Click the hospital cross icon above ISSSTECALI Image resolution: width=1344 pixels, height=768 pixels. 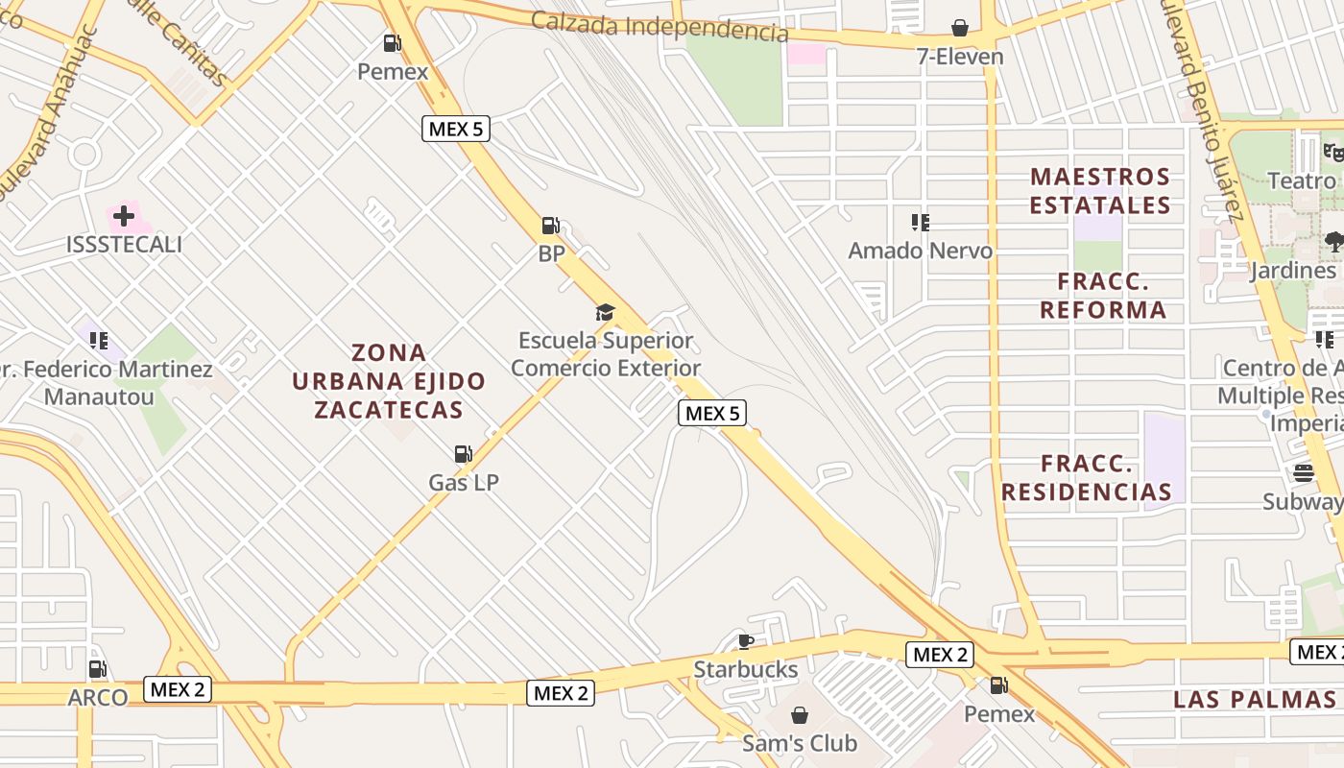pyautogui.click(x=124, y=216)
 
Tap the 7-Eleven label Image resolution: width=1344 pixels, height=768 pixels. pyautogui.click(x=960, y=57)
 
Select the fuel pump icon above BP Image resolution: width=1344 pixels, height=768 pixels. pyautogui.click(x=551, y=226)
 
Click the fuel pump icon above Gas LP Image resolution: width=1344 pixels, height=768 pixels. pyautogui.click(x=464, y=453)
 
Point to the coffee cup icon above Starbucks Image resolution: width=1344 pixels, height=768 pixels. pyautogui.click(x=745, y=640)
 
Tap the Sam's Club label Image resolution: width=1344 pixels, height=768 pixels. pyautogui.click(x=799, y=743)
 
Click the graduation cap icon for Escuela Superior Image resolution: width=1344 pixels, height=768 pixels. pyautogui.click(x=605, y=312)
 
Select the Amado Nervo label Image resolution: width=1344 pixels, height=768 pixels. pyautogui.click(x=920, y=252)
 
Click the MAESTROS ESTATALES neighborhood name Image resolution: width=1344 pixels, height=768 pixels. pyautogui.click(x=1100, y=191)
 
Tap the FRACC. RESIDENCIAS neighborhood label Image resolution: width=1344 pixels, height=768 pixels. pyautogui.click(x=1087, y=478)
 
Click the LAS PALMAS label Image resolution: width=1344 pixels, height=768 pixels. pyautogui.click(x=1254, y=699)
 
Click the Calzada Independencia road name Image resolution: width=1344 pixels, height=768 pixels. pyautogui.click(x=660, y=27)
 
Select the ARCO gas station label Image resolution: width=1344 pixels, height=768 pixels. pyautogui.click(x=98, y=698)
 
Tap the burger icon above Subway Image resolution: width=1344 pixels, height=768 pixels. pyautogui.click(x=1303, y=472)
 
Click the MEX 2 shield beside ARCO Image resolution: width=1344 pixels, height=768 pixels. pyautogui.click(x=178, y=688)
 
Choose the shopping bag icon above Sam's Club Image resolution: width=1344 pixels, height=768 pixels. pyautogui.click(x=799, y=715)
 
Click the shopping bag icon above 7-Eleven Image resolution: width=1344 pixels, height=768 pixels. pyautogui.click(x=960, y=28)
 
